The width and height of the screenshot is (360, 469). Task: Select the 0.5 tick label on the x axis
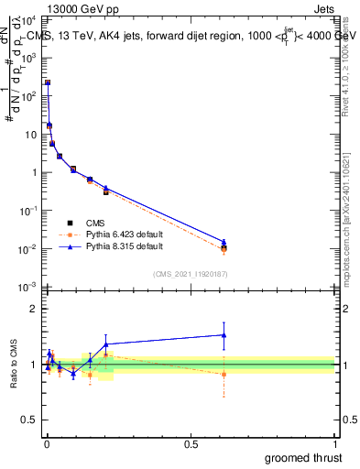tap(191, 443)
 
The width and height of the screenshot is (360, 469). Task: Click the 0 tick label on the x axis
tap(47, 443)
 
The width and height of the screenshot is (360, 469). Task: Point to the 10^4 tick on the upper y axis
tap(31, 19)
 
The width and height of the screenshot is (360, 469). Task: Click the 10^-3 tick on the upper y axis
tap(31, 288)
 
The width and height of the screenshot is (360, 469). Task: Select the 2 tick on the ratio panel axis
tap(36, 309)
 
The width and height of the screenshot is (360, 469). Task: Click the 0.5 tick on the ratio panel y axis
tap(32, 420)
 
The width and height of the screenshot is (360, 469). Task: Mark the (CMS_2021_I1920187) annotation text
tap(190, 273)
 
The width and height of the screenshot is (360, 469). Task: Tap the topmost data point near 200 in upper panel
tap(48, 82)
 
